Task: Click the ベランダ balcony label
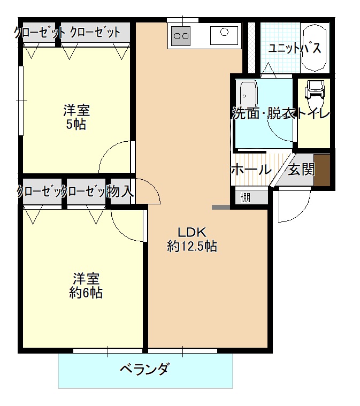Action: click(x=144, y=369)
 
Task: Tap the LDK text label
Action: click(x=192, y=232)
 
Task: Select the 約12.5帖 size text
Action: click(x=192, y=247)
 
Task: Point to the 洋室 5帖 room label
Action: click(x=76, y=118)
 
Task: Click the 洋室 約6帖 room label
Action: click(x=86, y=286)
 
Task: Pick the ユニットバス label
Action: click(x=295, y=49)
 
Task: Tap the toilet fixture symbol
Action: click(x=314, y=91)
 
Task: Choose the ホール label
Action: click(x=250, y=170)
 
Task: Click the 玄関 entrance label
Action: click(x=301, y=170)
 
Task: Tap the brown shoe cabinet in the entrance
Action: click(x=321, y=170)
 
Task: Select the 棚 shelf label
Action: click(x=245, y=197)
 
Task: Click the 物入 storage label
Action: click(x=120, y=191)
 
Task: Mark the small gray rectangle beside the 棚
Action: click(x=220, y=207)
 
